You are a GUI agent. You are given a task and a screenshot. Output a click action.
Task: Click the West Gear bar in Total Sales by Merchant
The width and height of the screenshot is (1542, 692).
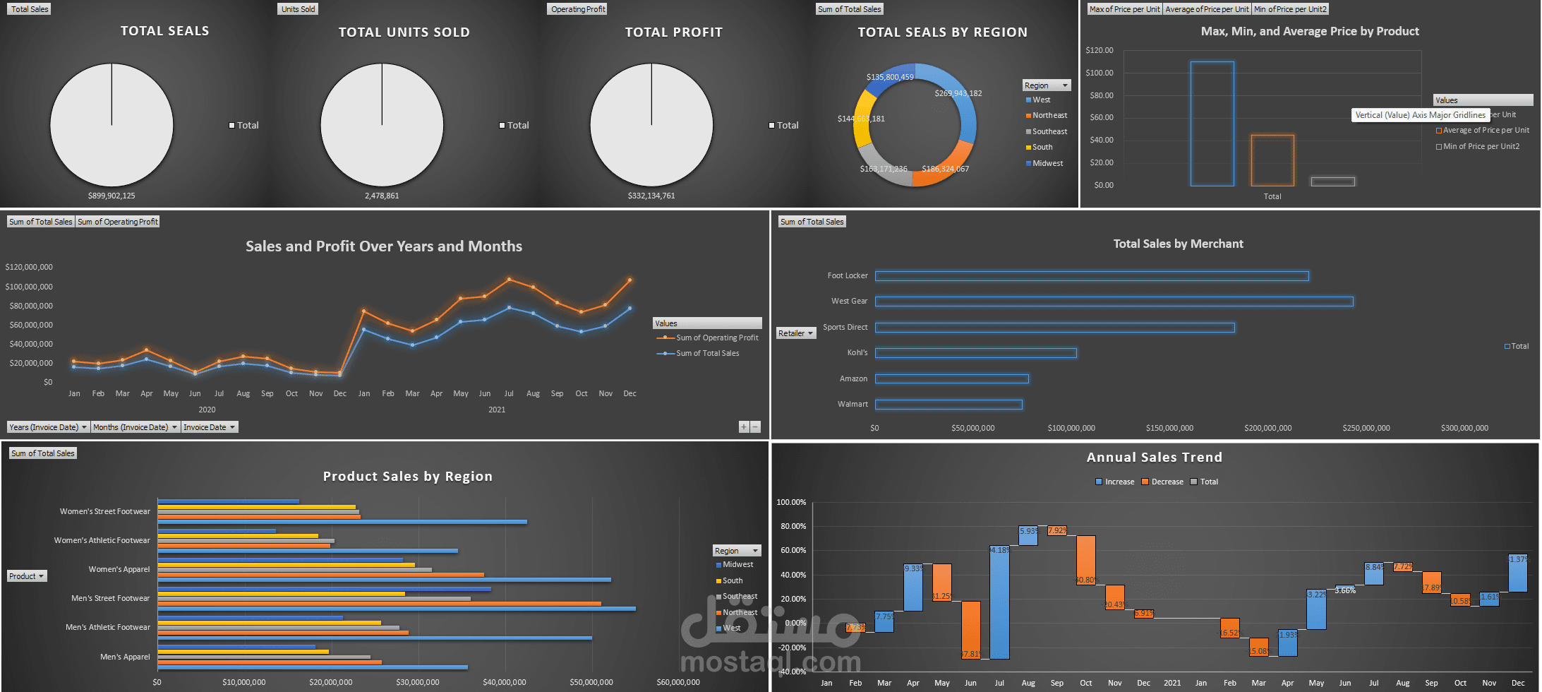1114,302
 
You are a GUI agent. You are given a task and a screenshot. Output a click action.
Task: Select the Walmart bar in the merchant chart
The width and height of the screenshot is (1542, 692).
948,405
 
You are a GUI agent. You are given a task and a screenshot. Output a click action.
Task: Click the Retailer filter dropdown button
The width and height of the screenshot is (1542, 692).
796,333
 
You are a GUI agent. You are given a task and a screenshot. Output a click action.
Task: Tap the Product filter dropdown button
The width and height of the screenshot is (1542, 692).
27,576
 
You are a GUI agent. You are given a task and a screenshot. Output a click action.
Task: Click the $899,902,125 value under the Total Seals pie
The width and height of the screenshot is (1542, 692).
112,196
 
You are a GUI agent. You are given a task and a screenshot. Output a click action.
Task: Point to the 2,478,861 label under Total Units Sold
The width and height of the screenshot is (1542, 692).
382,196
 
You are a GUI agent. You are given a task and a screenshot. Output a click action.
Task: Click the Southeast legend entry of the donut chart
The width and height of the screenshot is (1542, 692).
1049,131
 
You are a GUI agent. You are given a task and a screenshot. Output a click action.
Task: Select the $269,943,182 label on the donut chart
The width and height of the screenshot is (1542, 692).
958,93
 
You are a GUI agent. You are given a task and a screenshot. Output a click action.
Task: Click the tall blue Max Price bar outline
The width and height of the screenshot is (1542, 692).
1212,124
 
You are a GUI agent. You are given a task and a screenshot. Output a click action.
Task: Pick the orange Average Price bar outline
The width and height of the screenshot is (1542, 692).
1272,160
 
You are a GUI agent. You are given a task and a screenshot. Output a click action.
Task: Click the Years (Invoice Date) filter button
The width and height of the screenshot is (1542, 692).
48,427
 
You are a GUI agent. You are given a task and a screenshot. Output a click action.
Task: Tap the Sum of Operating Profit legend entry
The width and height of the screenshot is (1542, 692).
716,338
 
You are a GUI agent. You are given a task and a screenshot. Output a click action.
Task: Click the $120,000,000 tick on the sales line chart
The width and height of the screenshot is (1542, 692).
29,267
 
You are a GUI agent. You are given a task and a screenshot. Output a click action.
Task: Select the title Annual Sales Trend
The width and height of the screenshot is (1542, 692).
1154,458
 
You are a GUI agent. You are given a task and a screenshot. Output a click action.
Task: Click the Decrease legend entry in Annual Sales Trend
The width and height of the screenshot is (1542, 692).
1167,482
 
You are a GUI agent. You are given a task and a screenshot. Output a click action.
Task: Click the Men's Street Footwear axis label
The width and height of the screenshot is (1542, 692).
110,598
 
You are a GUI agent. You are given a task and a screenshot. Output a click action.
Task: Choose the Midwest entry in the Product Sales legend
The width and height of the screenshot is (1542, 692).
737,564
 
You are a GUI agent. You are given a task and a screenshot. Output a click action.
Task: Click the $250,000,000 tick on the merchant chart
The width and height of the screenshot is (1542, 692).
1366,428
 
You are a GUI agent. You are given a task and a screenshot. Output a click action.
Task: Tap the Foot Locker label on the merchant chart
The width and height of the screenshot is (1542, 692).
848,275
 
